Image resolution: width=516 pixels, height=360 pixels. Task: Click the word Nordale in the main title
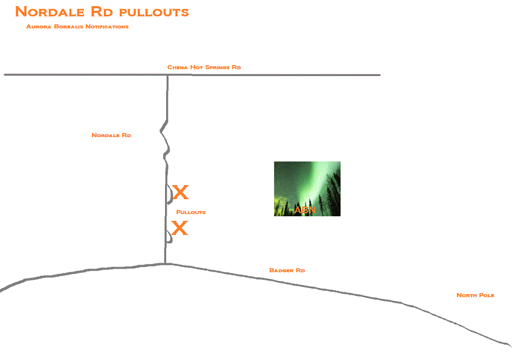point(50,12)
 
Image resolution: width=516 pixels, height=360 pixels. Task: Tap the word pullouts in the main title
point(154,12)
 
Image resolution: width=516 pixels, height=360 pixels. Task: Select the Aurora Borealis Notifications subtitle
point(77,26)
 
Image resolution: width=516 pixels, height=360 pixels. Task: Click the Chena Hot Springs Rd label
point(204,67)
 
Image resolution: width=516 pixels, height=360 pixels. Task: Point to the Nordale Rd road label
point(111,135)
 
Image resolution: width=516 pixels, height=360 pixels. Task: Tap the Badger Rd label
point(287,270)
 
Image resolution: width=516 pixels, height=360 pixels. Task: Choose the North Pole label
point(475,295)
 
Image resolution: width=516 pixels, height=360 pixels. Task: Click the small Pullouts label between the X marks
point(191,212)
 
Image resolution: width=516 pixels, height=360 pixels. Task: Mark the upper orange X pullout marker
point(180,192)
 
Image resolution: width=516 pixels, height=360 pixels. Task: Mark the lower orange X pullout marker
point(180,228)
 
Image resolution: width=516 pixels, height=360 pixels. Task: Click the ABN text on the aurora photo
point(305,210)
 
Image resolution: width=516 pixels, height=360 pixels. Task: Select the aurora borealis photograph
point(307,189)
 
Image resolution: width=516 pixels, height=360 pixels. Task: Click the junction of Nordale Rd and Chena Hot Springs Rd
point(168,76)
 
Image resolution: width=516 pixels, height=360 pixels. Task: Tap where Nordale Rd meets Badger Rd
point(165,264)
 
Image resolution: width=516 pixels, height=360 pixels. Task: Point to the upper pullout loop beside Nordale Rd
point(171,194)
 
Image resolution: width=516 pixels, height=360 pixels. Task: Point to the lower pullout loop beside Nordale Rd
point(171,237)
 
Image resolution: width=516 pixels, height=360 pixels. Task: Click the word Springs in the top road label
point(217,67)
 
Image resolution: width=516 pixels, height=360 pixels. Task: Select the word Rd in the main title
point(101,12)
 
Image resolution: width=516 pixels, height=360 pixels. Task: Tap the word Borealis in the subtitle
point(68,26)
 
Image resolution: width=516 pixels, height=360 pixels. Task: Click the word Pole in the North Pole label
point(486,295)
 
